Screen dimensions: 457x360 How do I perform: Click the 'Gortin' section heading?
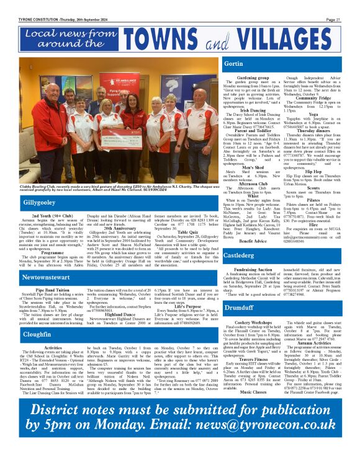233,64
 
